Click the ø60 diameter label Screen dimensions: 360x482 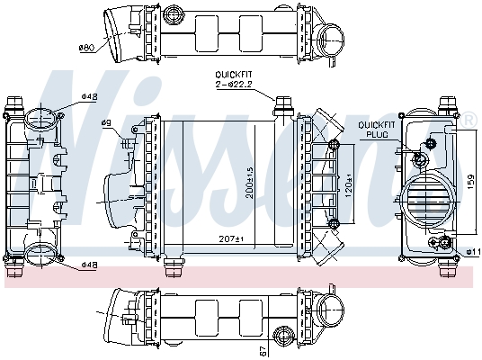pos(87,46)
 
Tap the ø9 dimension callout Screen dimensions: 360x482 pos(131,123)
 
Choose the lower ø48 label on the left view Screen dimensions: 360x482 pos(89,265)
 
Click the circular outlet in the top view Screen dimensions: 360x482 pos(335,39)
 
